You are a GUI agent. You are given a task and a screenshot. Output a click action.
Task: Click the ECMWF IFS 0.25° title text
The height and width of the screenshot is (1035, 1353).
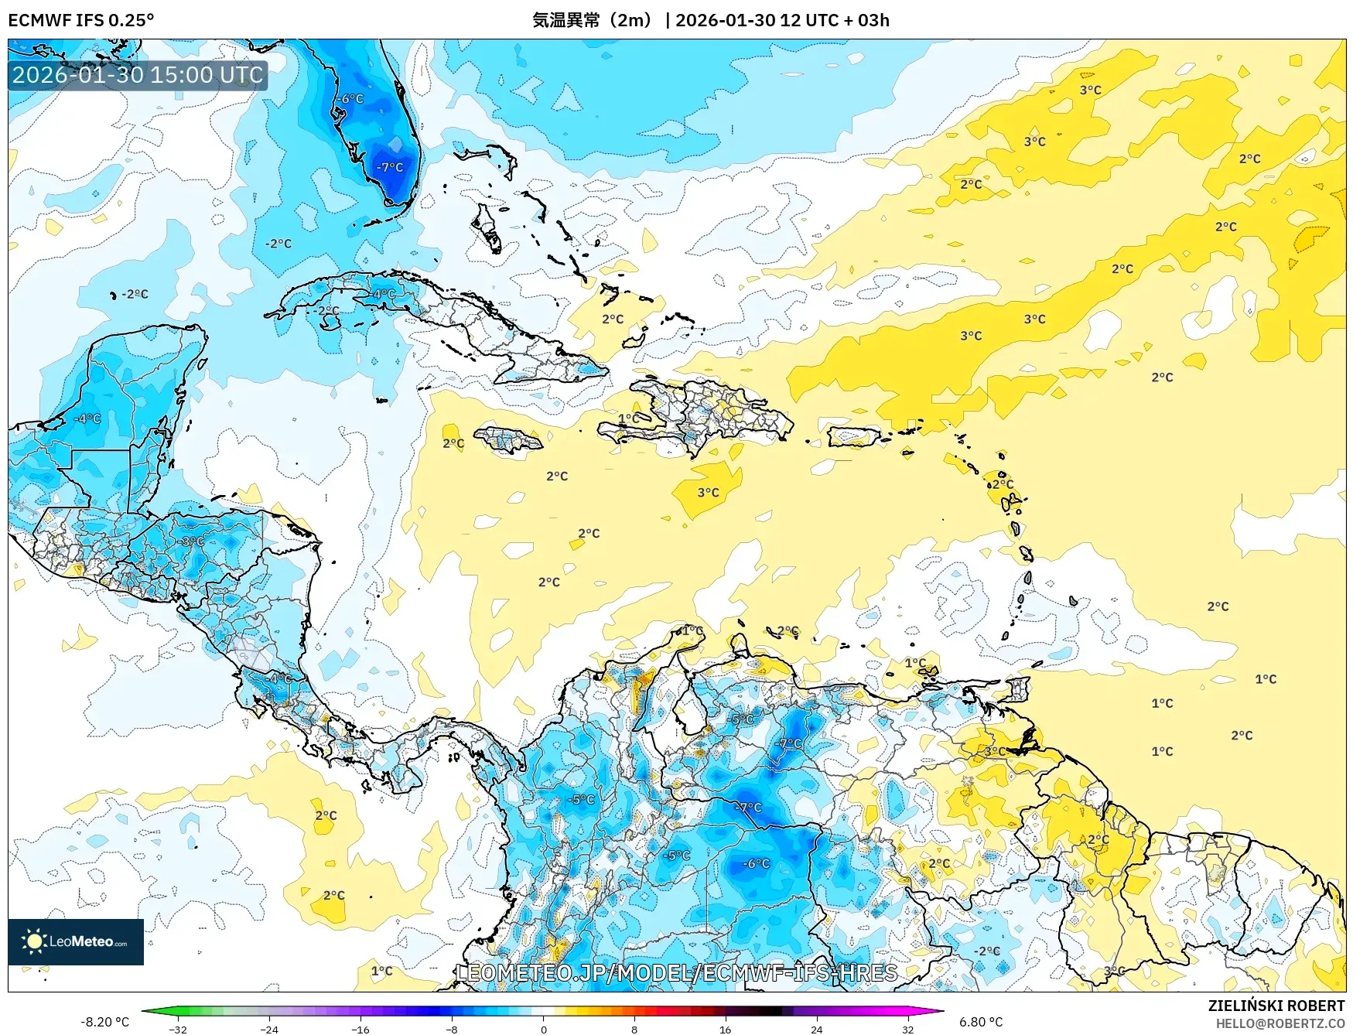[x=80, y=20]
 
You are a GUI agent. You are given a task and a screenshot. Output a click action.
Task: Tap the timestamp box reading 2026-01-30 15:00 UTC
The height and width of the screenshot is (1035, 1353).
[x=138, y=75]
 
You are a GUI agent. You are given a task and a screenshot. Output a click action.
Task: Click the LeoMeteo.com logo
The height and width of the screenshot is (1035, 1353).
[x=76, y=941]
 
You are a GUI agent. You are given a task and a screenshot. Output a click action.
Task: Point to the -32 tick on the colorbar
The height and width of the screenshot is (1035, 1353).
[x=178, y=1029]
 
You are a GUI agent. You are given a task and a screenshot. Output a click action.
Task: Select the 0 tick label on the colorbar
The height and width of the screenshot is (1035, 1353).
[x=543, y=1029]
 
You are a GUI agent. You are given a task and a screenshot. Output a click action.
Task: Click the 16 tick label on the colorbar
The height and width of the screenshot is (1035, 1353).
[x=725, y=1029]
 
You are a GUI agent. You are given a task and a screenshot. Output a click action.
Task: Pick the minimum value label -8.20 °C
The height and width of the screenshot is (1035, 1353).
[x=104, y=1022]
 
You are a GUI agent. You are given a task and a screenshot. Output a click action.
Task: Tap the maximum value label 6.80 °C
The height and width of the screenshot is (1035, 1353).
[x=981, y=1022]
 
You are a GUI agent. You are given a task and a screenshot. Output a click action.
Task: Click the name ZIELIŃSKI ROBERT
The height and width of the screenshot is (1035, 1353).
[x=1276, y=1006]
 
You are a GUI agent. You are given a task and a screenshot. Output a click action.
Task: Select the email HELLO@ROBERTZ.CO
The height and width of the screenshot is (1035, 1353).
[x=1280, y=1023]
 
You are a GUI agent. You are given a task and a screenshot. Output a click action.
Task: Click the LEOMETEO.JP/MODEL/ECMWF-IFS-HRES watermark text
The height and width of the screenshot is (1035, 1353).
[x=677, y=972]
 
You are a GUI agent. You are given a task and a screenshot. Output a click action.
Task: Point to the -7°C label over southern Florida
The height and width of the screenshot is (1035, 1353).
[x=390, y=167]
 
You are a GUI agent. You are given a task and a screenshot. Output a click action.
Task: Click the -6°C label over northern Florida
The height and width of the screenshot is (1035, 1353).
[x=350, y=99]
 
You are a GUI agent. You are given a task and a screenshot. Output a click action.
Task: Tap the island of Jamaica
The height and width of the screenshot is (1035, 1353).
[x=507, y=440]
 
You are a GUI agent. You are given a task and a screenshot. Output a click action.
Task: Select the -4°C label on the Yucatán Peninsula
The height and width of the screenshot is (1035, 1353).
[x=87, y=418]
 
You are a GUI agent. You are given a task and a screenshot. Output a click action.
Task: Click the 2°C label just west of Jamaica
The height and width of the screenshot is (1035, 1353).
[x=453, y=443]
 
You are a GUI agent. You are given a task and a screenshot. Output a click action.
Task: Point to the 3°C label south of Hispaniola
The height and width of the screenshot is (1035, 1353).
[x=708, y=492]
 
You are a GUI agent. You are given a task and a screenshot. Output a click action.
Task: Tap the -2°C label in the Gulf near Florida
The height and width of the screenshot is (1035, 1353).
[x=278, y=244]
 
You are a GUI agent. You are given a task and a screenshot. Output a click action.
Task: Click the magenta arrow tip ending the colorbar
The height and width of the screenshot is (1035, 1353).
[x=941, y=1010]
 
